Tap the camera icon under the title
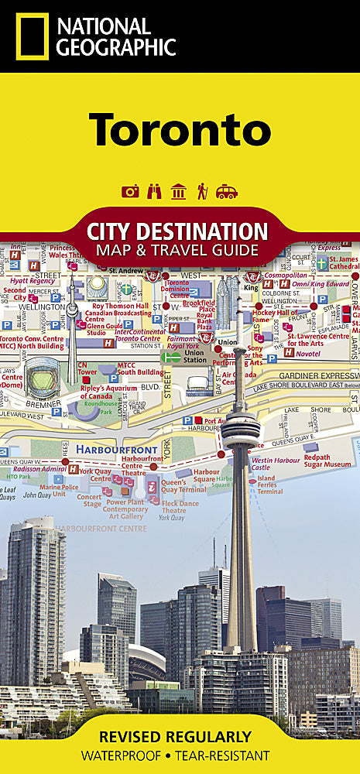point(130,191)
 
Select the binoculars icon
point(154,191)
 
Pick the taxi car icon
point(227,191)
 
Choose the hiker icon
point(202,191)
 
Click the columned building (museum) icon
point(178,191)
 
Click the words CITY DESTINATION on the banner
point(178,231)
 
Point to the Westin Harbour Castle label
point(272,464)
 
